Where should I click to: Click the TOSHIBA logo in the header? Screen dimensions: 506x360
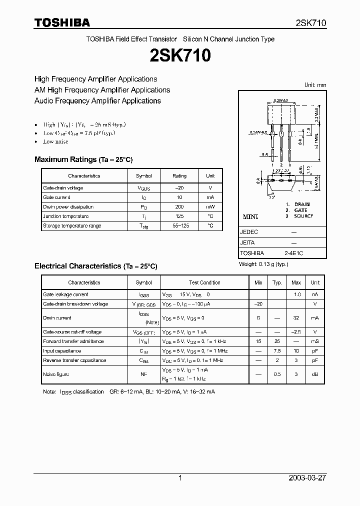[x=62, y=22]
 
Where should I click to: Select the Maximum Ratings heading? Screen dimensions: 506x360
[x=83, y=159]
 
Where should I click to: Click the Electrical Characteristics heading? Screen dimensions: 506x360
[x=96, y=266]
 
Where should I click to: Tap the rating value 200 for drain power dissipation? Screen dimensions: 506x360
[x=179, y=207]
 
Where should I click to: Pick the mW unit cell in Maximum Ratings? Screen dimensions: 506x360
[x=210, y=207]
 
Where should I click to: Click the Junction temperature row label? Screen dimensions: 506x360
[x=66, y=216]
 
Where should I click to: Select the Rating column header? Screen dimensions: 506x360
[x=179, y=176]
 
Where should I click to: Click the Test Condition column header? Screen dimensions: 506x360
[x=204, y=282]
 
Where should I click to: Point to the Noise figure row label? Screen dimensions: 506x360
[x=56, y=374]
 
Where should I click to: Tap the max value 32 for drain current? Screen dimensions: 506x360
[x=296, y=318]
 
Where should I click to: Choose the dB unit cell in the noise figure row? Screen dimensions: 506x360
[x=315, y=374]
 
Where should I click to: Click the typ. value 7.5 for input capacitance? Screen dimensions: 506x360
[x=277, y=351]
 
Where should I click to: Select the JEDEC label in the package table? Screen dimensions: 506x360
[x=249, y=232]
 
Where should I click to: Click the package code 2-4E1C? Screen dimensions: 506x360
[x=293, y=253]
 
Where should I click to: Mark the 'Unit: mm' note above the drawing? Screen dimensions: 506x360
[x=315, y=85]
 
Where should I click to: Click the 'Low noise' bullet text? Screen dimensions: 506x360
[x=55, y=142]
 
